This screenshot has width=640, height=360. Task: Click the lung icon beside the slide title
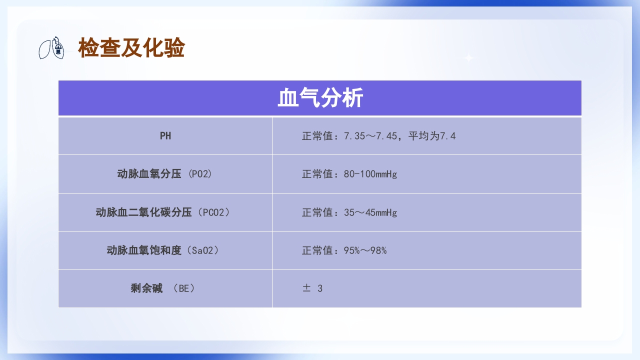click(52, 48)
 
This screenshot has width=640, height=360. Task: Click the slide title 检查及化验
click(131, 48)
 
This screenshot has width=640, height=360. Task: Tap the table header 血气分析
click(320, 98)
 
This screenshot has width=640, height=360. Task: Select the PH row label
click(165, 136)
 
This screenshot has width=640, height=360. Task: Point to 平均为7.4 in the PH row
click(432, 136)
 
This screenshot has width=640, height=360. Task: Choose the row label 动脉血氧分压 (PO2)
click(165, 174)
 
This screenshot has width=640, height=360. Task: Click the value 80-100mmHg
click(370, 174)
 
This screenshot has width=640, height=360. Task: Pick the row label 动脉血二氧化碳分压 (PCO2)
click(165, 212)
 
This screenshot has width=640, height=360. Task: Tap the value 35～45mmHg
click(370, 212)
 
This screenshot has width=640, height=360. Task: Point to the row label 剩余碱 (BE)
click(165, 288)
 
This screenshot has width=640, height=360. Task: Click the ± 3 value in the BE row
click(312, 288)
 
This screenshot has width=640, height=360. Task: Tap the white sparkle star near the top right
click(469, 58)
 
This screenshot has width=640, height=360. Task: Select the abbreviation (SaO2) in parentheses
click(205, 250)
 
